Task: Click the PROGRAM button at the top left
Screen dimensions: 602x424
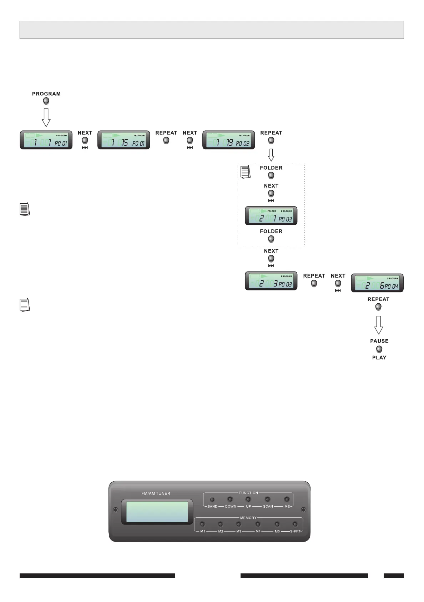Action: click(46, 101)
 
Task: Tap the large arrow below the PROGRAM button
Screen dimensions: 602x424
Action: click(46, 117)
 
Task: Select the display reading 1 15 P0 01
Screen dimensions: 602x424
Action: click(123, 140)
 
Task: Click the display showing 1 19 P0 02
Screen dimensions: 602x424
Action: click(228, 140)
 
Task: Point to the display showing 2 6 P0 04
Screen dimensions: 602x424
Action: click(377, 283)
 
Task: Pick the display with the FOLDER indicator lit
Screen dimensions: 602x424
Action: click(271, 216)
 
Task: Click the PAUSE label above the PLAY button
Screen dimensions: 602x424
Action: click(379, 341)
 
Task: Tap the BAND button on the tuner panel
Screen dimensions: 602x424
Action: click(212, 499)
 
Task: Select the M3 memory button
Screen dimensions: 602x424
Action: click(238, 524)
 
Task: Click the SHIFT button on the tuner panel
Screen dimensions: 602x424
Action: click(295, 524)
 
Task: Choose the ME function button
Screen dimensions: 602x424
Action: click(287, 499)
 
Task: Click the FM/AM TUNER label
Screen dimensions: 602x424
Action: click(156, 493)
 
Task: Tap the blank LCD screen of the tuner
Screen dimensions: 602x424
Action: click(157, 512)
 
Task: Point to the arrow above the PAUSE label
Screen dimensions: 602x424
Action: click(379, 325)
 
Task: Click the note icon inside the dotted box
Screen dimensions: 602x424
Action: click(246, 172)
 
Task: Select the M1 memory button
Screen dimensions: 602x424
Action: click(202, 524)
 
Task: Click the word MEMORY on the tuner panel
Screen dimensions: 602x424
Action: click(248, 518)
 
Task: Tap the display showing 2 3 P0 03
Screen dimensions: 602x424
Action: click(271, 281)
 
